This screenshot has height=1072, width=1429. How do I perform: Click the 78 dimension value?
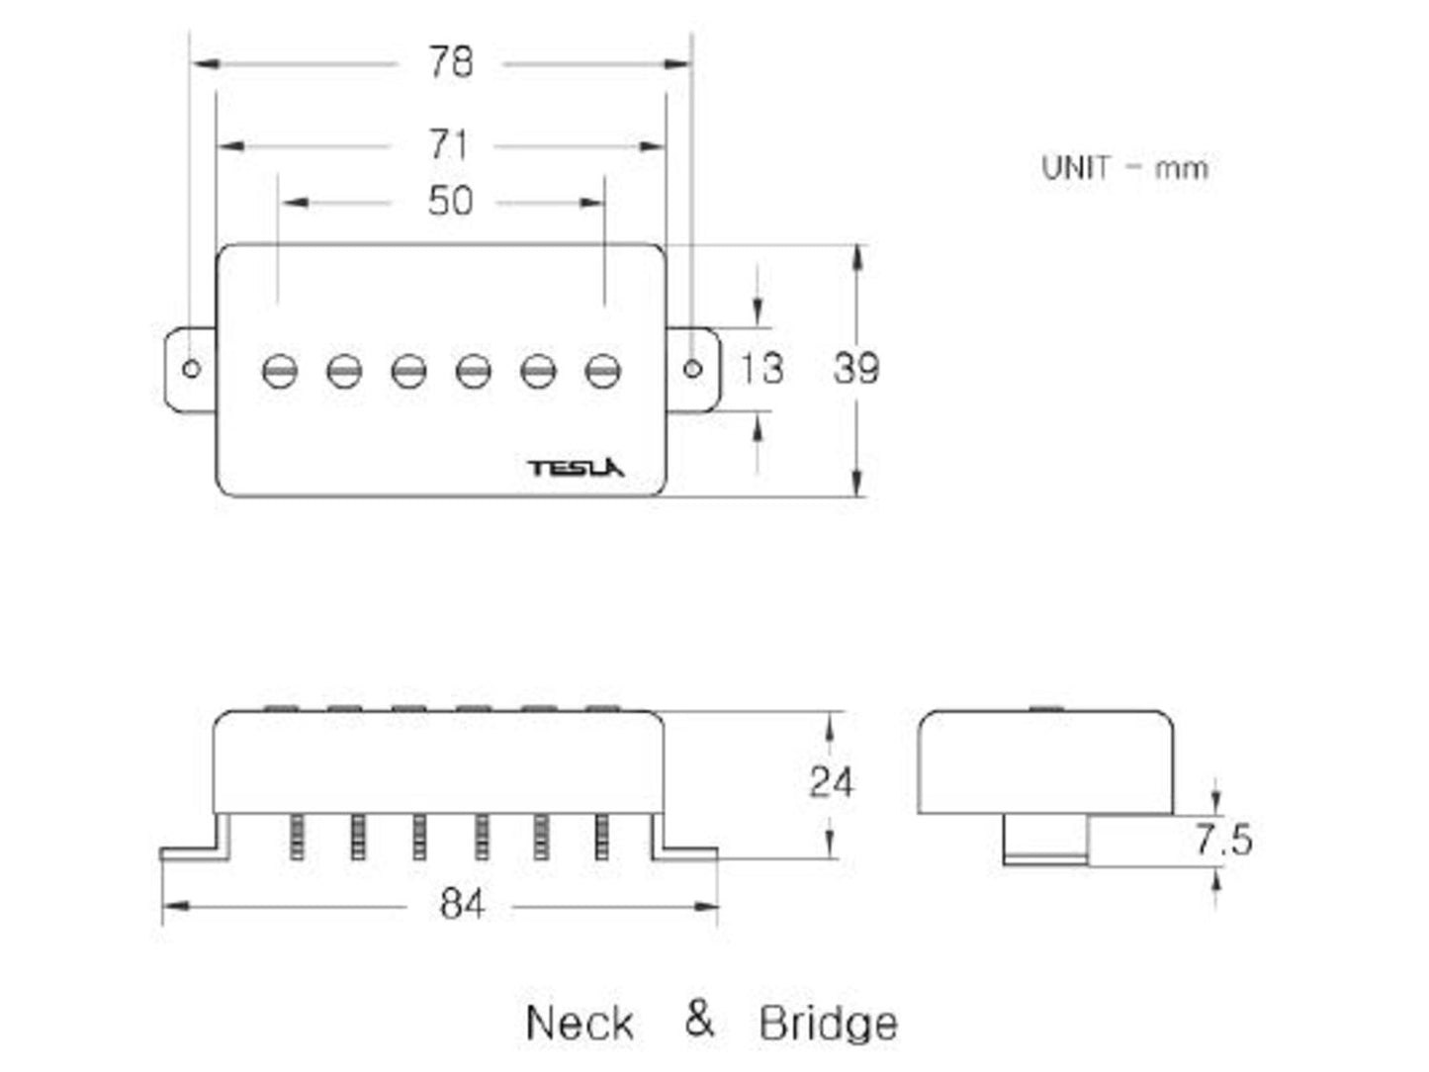point(450,63)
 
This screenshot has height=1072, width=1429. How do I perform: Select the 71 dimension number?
point(448,145)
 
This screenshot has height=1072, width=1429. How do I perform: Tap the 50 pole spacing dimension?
point(450,202)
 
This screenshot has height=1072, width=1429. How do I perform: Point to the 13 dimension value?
point(761,369)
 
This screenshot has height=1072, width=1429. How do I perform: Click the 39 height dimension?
point(855,369)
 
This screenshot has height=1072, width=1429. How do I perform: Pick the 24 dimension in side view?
point(831,782)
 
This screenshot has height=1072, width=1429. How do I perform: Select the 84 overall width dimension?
point(462,905)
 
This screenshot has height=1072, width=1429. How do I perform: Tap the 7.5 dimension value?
point(1223,841)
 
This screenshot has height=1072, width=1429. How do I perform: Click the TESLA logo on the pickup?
point(576,468)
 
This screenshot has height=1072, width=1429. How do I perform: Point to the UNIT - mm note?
point(1124,168)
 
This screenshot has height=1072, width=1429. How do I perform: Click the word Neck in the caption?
point(580,1023)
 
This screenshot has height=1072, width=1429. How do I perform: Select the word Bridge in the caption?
point(829,1024)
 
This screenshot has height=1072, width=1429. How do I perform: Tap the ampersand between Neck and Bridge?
point(699,1019)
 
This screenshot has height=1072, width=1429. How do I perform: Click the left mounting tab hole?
point(192,369)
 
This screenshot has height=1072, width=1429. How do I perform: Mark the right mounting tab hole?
point(693,369)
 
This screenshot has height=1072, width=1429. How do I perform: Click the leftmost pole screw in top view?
point(280,371)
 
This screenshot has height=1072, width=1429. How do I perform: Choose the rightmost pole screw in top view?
point(602,371)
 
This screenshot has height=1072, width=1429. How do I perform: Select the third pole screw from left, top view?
point(408,371)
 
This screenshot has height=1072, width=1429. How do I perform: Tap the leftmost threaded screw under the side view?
point(296,837)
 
